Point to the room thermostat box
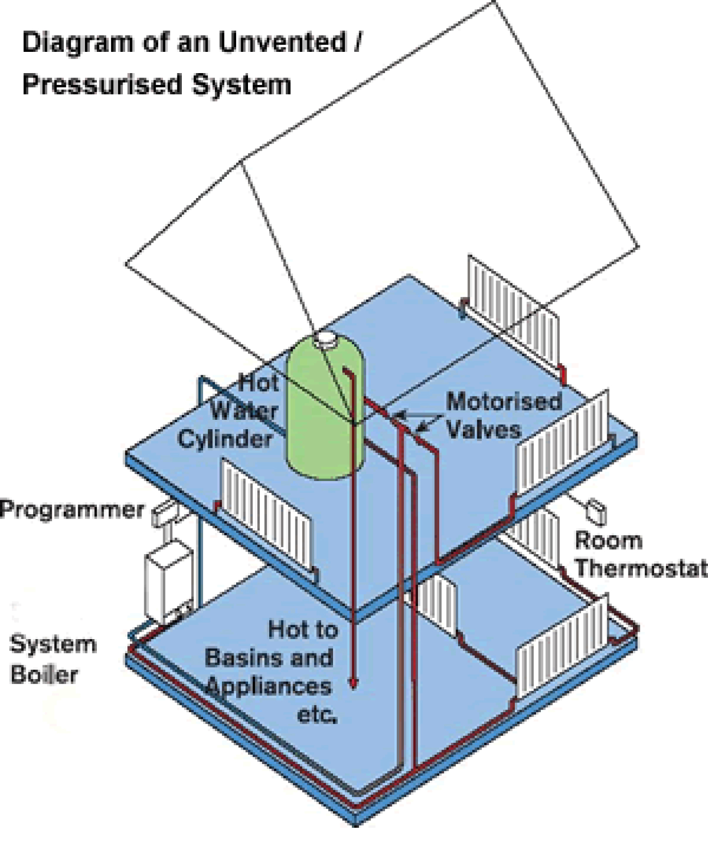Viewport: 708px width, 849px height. [x=595, y=512]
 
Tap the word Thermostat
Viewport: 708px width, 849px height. [x=641, y=568]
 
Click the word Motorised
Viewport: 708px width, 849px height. [x=504, y=401]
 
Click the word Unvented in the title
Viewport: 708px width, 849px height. [x=282, y=42]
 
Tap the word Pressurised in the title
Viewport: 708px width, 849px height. [x=101, y=84]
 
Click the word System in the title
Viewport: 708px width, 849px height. [x=242, y=84]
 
